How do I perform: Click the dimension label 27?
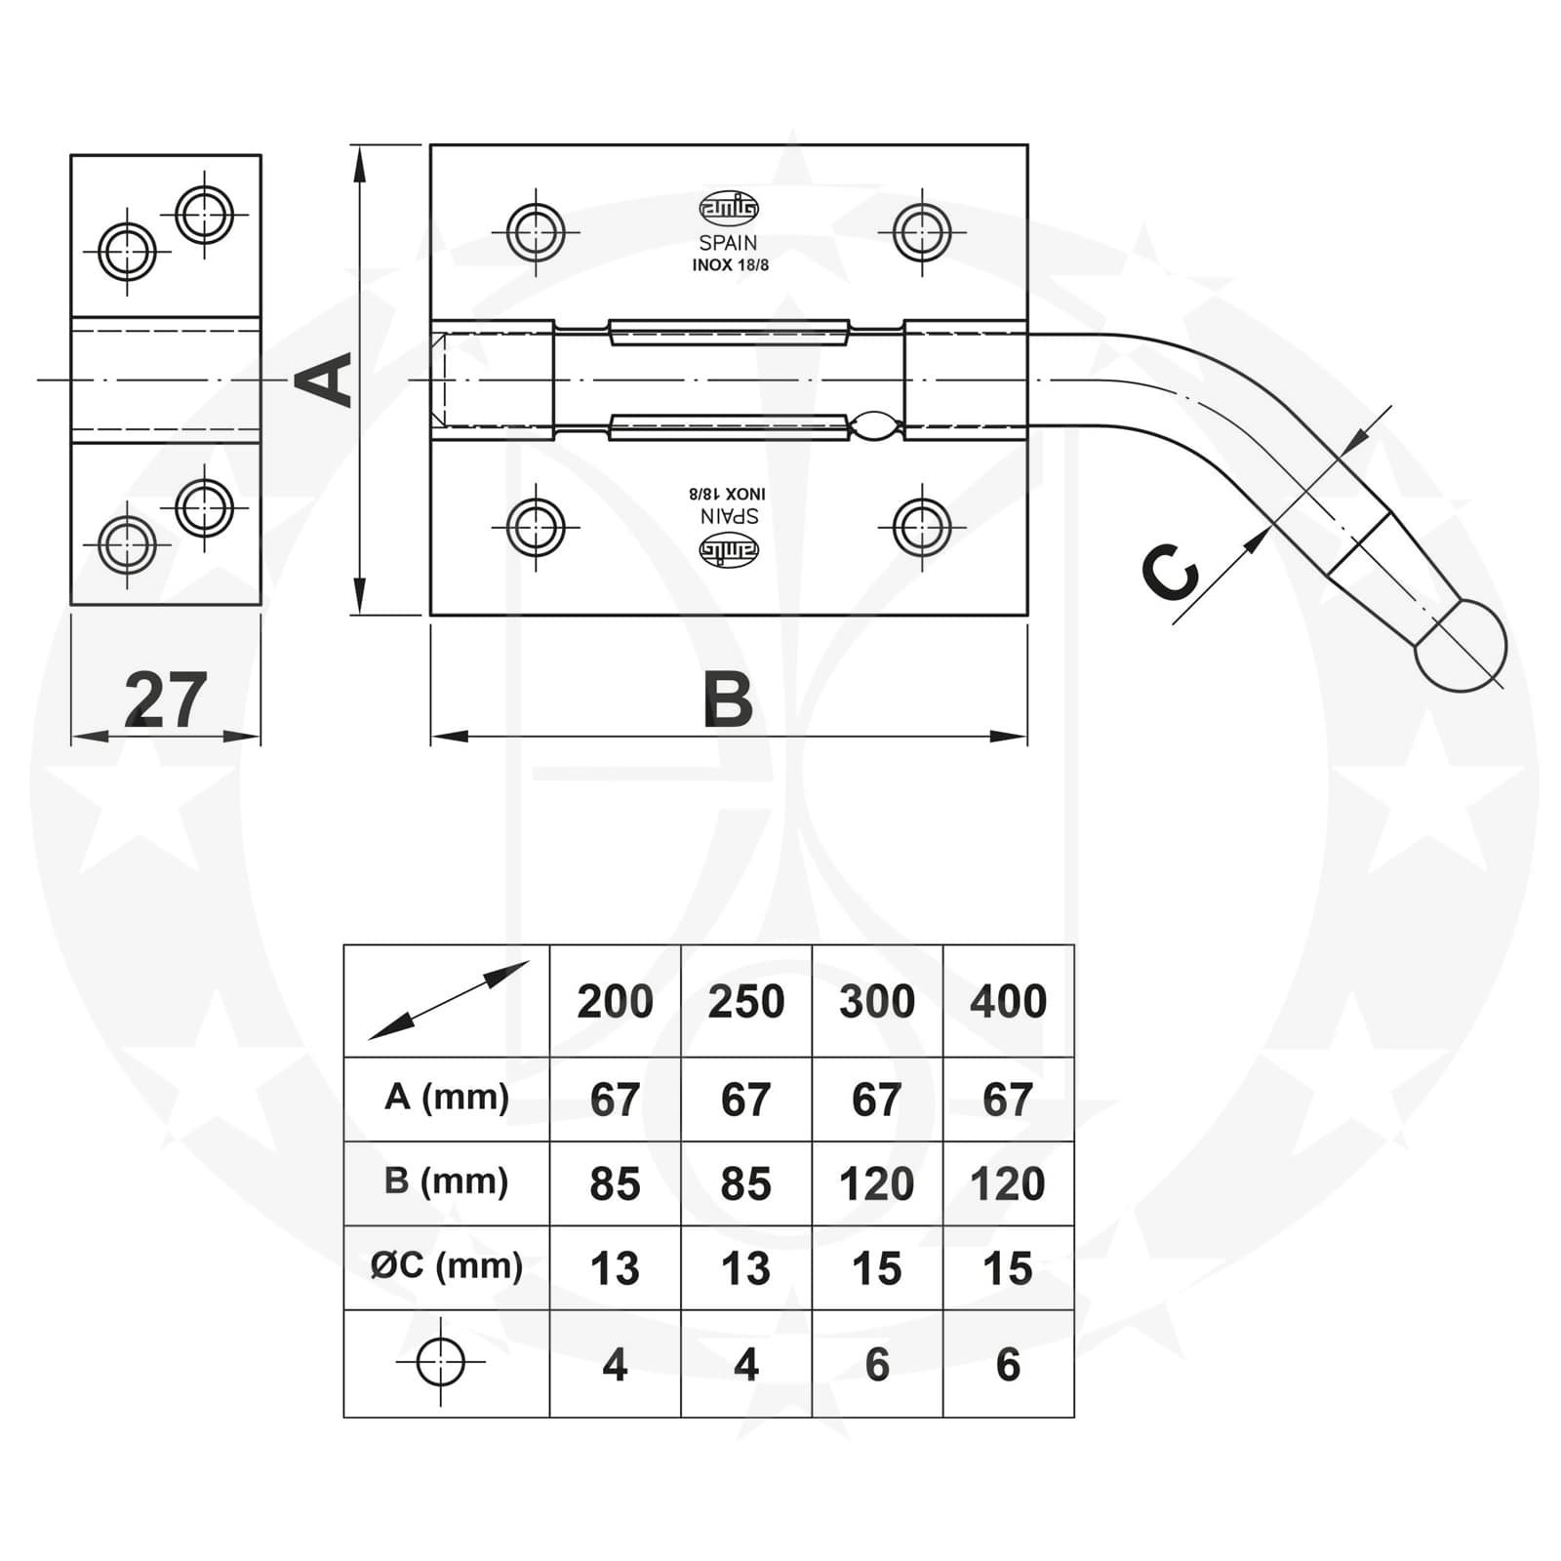[x=166, y=700]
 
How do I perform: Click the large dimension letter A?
[x=326, y=380]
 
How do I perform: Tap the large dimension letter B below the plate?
[x=728, y=700]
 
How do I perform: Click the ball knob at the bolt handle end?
[x=1461, y=645]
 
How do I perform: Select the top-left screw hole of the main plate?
[x=536, y=232]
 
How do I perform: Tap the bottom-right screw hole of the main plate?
[x=922, y=527]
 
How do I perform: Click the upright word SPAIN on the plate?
[x=728, y=243]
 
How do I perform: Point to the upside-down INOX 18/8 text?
[x=730, y=494]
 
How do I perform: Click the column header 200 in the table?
[x=615, y=1002]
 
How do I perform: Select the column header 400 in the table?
[x=1008, y=1002]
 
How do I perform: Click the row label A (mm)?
[x=447, y=1098]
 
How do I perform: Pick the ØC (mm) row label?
[x=447, y=1266]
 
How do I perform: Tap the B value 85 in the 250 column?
[x=745, y=1183]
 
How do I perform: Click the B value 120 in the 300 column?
[x=876, y=1183]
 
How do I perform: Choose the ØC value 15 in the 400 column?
[x=1008, y=1268]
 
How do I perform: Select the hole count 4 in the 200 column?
[x=615, y=1364]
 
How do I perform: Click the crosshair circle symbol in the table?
[x=440, y=1362]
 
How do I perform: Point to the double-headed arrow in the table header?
[x=448, y=1000]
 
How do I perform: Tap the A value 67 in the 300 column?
[x=876, y=1100]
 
